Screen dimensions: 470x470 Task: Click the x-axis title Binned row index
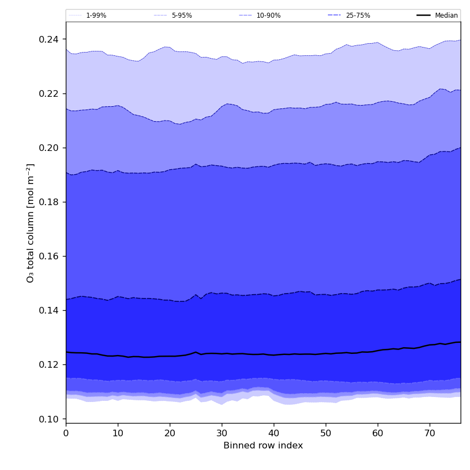point(263,446)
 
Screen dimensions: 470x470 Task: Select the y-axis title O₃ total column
point(31,222)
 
